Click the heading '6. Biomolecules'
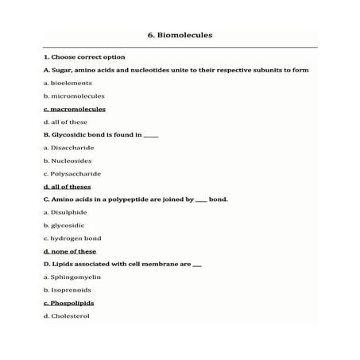click(180, 35)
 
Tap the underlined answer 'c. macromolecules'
click(75, 109)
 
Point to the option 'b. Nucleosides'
click(68, 161)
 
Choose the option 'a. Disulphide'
click(66, 212)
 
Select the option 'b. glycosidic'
click(64, 225)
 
